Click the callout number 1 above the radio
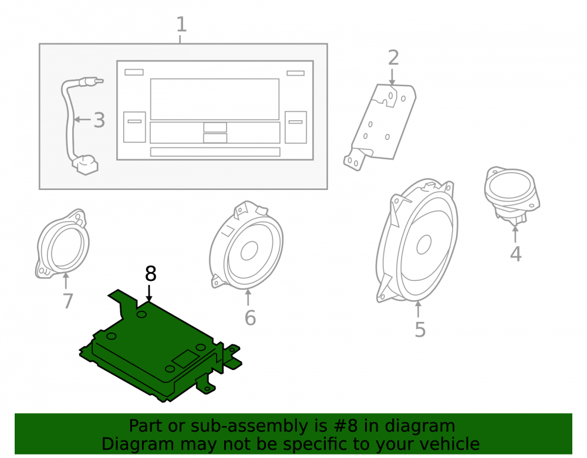pos(181,24)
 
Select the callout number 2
pos(393,58)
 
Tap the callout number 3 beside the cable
pos(99,120)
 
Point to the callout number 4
pos(516,254)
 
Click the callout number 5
pos(420,330)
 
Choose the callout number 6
pos(250,318)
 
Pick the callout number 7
pos(68,301)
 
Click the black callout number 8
pos(150,274)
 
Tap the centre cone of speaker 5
pos(424,245)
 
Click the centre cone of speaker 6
pos(249,250)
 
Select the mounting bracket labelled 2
pos(380,127)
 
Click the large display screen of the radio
pos(215,99)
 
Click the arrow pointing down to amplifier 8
pos(149,293)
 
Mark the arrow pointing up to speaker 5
pos(418,310)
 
